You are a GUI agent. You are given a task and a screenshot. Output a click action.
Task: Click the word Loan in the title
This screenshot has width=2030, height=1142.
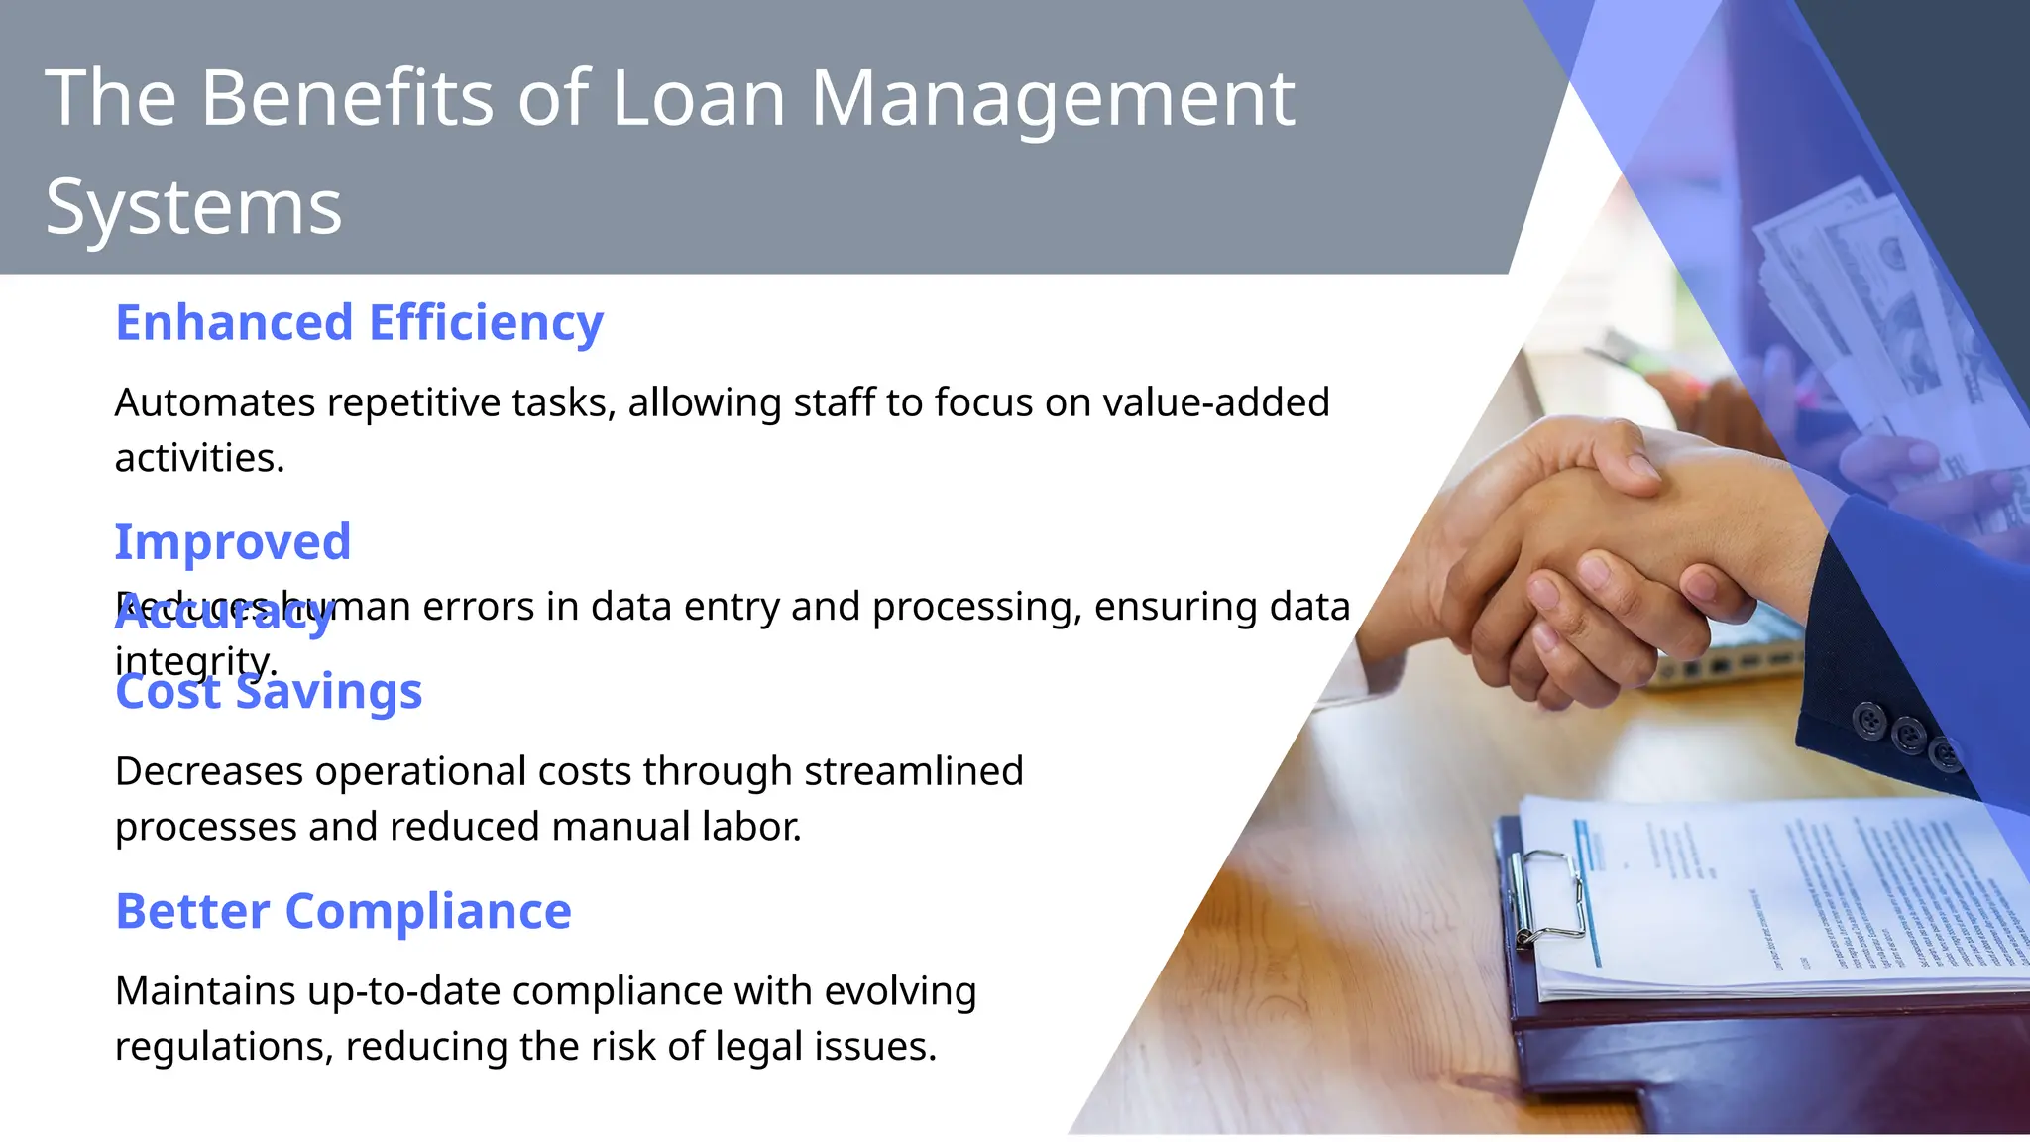tap(698, 98)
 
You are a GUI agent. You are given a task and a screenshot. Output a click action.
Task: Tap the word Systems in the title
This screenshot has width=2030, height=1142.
tap(193, 207)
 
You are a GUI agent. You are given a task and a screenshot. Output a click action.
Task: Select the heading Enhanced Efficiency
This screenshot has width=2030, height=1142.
tap(359, 323)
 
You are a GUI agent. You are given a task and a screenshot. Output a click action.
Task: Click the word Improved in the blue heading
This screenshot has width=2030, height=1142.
tap(233, 542)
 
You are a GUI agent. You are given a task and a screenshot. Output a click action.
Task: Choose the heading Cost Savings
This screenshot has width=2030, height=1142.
tap(269, 692)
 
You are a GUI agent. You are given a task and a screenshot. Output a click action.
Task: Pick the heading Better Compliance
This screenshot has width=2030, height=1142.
tap(343, 911)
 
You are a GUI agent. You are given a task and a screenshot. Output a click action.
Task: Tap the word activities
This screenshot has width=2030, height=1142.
tap(199, 459)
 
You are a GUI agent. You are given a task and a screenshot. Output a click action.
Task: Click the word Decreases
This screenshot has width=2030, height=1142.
tap(208, 771)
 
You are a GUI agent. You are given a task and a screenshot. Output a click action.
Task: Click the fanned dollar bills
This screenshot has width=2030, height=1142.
tap(1863, 297)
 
